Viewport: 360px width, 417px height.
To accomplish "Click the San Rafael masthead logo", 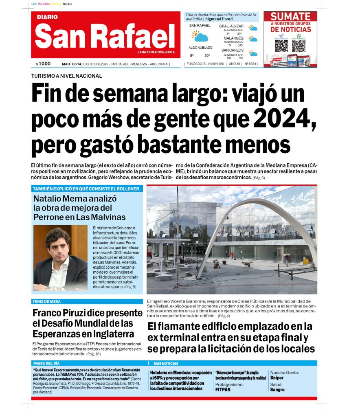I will point(105,35).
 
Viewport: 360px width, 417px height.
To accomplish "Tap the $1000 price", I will point(43,64).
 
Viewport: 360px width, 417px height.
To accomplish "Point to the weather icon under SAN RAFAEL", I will point(200,36).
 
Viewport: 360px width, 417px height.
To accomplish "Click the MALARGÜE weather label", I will point(233,38).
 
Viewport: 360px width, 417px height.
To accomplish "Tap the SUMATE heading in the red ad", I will point(290,17).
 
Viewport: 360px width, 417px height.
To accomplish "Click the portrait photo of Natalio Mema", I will point(60,258).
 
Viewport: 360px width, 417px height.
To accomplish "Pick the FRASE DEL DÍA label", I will point(46,363).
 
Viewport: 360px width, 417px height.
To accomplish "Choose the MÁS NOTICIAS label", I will point(166,363).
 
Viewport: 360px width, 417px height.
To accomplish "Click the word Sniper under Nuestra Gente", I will point(277,378).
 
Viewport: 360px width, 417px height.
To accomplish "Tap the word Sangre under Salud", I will point(277,390).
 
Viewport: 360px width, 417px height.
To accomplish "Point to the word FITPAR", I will point(223,390).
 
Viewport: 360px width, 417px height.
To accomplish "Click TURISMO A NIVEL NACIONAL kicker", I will point(66,76).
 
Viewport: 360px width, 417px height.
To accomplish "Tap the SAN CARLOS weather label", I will point(233,50).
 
